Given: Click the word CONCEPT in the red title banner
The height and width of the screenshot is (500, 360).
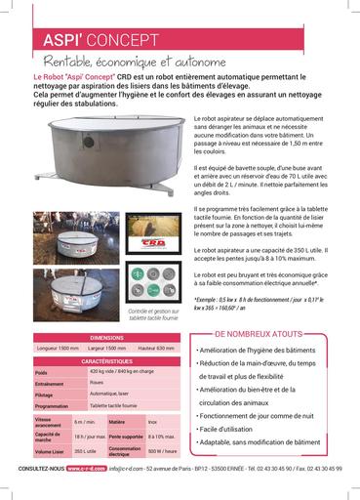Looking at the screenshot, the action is (123, 41).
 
